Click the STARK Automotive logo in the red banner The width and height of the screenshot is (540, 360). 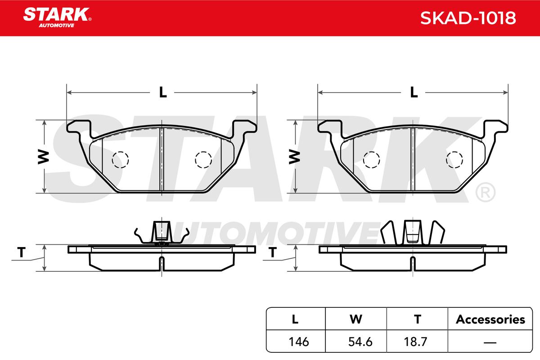[x=57, y=18]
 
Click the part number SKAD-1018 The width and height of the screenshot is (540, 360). [x=468, y=18]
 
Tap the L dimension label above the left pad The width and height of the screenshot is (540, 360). [x=163, y=92]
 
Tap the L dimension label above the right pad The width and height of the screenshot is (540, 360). [x=414, y=92]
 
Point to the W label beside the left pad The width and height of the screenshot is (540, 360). [x=44, y=157]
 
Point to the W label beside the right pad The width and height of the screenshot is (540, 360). [x=295, y=157]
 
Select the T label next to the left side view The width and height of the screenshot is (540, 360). [x=22, y=252]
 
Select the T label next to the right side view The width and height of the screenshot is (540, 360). [x=273, y=252]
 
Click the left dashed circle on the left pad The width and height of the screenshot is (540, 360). [x=120, y=160]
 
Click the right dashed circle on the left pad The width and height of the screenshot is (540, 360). [x=203, y=160]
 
